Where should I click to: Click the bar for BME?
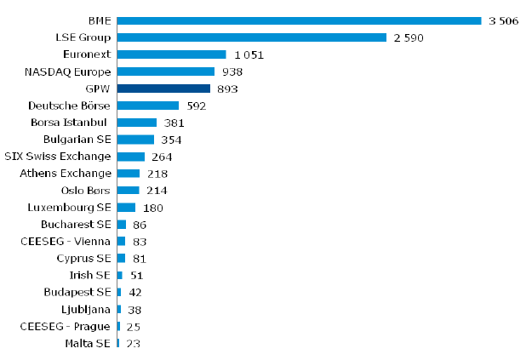pos(299,20)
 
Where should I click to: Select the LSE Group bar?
pos(252,37)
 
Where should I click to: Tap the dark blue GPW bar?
pos(163,89)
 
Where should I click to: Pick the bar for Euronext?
pos(171,54)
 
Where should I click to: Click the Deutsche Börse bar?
pos(148,106)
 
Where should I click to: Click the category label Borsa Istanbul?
pos(72,123)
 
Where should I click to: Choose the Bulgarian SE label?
pos(77,140)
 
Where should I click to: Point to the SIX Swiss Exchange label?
pos(58,157)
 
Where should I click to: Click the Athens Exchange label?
pos(66,174)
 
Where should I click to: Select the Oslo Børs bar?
pos(128,191)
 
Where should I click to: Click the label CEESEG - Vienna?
pos(66,242)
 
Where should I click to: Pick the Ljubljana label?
pos(86,310)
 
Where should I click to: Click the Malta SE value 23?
pos(133,344)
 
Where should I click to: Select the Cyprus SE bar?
pos(121,259)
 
